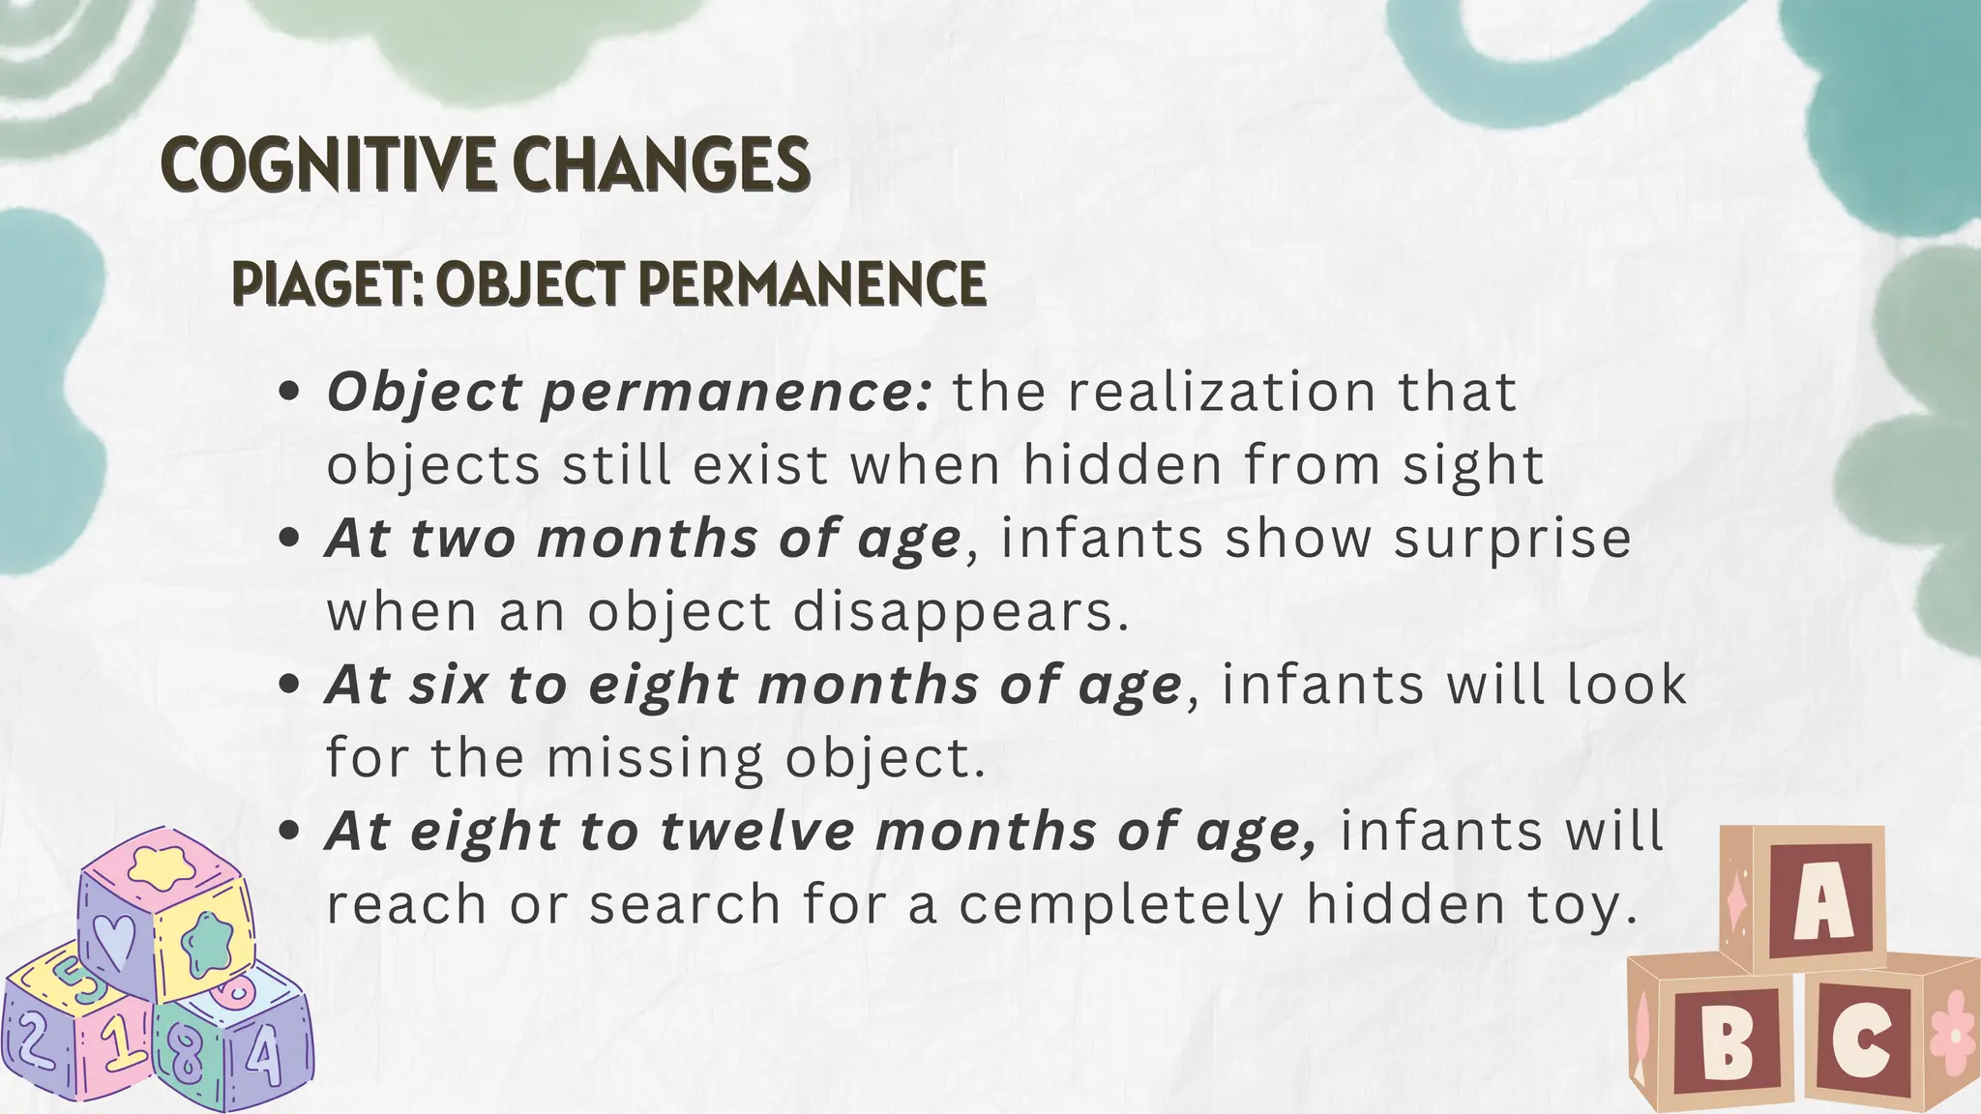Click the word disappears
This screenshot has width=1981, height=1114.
tap(961, 613)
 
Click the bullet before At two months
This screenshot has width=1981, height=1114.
tap(287, 539)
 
